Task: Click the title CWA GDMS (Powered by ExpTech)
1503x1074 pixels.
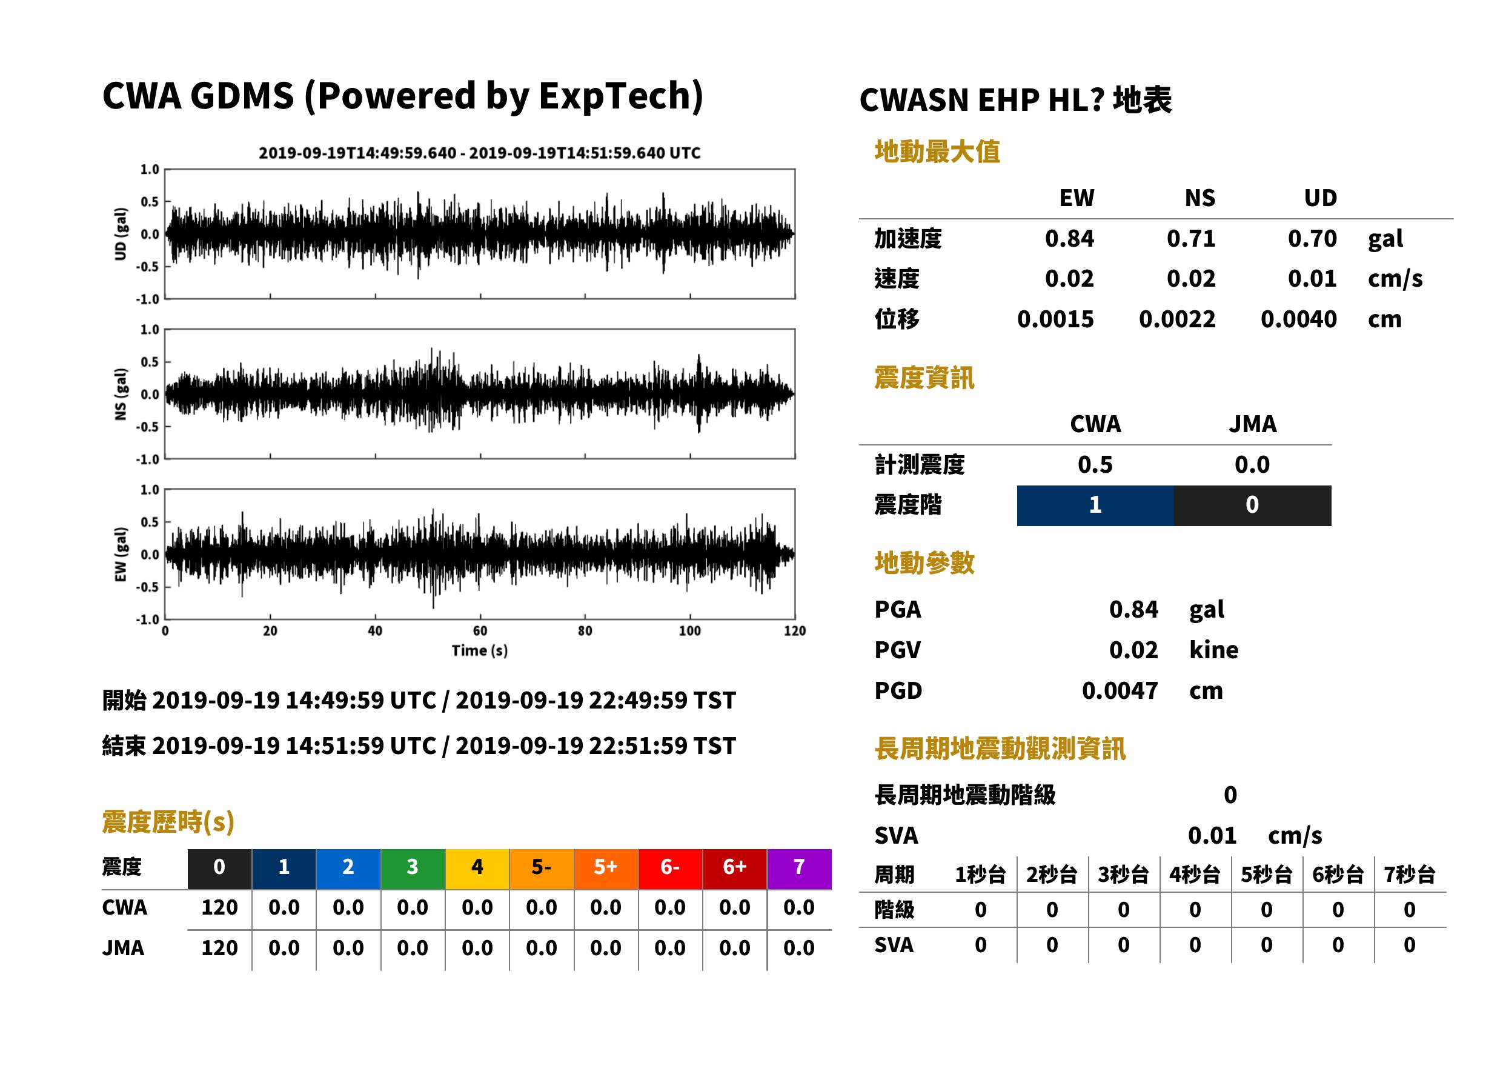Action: (x=402, y=96)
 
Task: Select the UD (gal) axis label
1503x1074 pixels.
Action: (x=121, y=234)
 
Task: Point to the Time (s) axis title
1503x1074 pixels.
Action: (x=480, y=651)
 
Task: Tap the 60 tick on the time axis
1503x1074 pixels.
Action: (x=480, y=631)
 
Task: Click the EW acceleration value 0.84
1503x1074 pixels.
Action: (x=1069, y=239)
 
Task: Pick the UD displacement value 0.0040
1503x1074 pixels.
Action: (x=1298, y=319)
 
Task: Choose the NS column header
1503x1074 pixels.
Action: (x=1199, y=198)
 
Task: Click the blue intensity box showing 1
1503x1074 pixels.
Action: (x=1095, y=505)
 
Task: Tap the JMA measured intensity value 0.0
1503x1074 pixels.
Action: (x=1252, y=465)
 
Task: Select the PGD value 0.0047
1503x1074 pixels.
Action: (x=1120, y=691)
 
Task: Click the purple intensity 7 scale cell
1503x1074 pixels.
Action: (x=799, y=869)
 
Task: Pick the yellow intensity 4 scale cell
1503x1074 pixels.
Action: (x=477, y=869)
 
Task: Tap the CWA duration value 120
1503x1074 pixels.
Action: (x=219, y=907)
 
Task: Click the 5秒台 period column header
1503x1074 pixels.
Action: (x=1266, y=875)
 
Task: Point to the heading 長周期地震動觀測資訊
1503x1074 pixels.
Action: (x=1000, y=749)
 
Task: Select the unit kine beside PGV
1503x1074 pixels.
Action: (x=1213, y=650)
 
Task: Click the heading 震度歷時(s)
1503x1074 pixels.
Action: (x=168, y=822)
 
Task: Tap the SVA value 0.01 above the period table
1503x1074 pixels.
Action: (x=1212, y=836)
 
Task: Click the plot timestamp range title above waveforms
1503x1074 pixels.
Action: (x=480, y=153)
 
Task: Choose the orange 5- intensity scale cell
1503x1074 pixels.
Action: (x=542, y=869)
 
